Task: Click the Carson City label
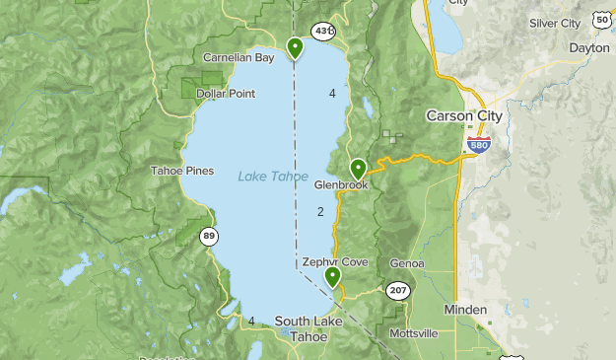tap(463, 115)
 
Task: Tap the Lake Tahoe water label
tap(272, 177)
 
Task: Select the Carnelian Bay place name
tap(239, 58)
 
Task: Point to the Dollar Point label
tap(226, 94)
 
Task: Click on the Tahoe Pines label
tap(181, 171)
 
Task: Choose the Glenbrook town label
tap(341, 184)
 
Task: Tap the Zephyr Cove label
tap(336, 262)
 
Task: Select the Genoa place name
tap(406, 264)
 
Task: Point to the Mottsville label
tap(414, 333)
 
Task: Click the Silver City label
tap(555, 23)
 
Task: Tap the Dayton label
tap(589, 47)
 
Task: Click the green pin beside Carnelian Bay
tap(294, 46)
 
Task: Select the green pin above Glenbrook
tap(358, 169)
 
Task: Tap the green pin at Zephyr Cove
tap(333, 276)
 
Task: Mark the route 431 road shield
tap(322, 33)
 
